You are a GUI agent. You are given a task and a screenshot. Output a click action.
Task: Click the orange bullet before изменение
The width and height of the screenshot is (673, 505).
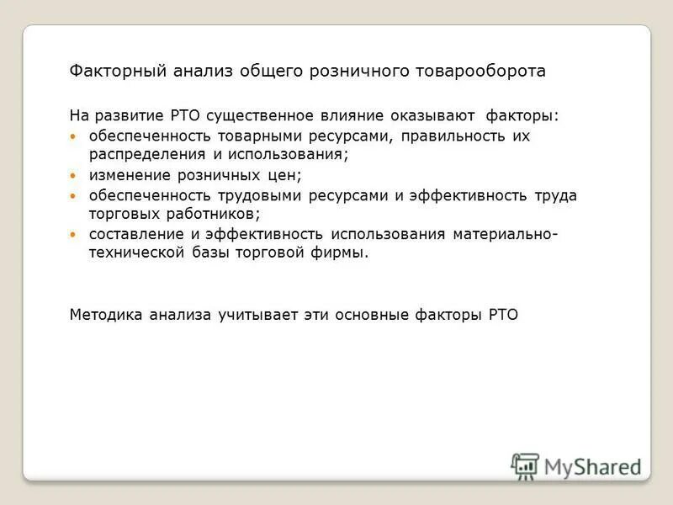[x=72, y=176]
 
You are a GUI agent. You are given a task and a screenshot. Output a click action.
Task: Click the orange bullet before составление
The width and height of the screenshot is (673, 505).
[x=72, y=235]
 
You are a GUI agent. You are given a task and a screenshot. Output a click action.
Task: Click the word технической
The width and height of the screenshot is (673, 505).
[x=135, y=253]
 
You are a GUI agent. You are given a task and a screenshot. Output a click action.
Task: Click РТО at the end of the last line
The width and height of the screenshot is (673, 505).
[x=503, y=315]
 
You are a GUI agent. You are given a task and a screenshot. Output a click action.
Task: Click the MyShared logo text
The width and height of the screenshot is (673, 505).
[x=592, y=466]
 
